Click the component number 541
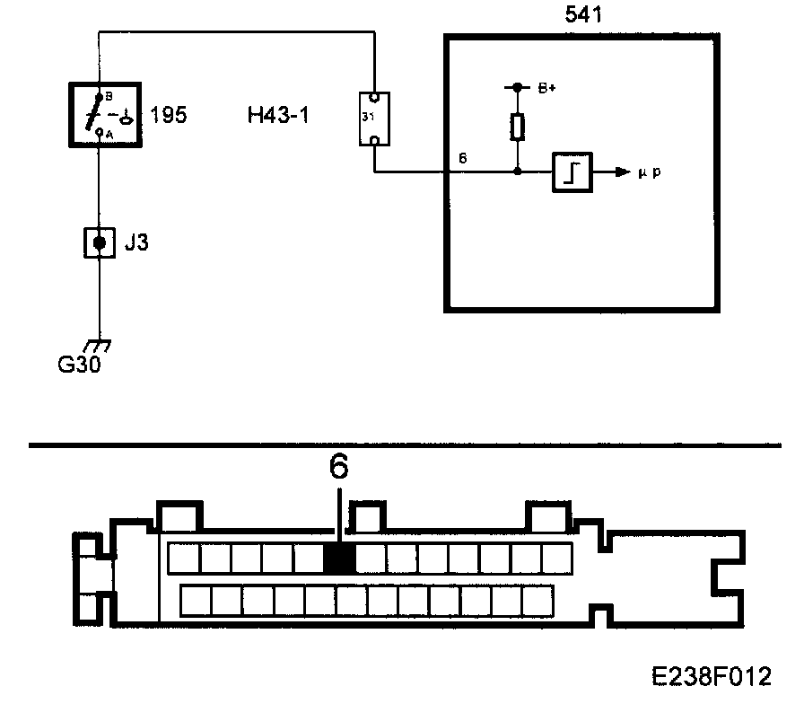[x=583, y=15]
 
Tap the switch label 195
[x=170, y=115]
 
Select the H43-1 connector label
[x=277, y=115]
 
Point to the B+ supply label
[x=546, y=88]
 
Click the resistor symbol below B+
[x=517, y=128]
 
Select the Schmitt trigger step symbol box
[x=572, y=171]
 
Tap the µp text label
[x=651, y=172]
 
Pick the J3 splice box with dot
[x=99, y=242]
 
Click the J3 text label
[x=135, y=242]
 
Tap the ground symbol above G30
[x=98, y=345]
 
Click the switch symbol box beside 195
[x=106, y=114]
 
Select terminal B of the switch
[x=100, y=95]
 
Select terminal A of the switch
[x=99, y=132]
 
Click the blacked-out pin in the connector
[x=339, y=559]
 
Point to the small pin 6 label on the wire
[x=462, y=158]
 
